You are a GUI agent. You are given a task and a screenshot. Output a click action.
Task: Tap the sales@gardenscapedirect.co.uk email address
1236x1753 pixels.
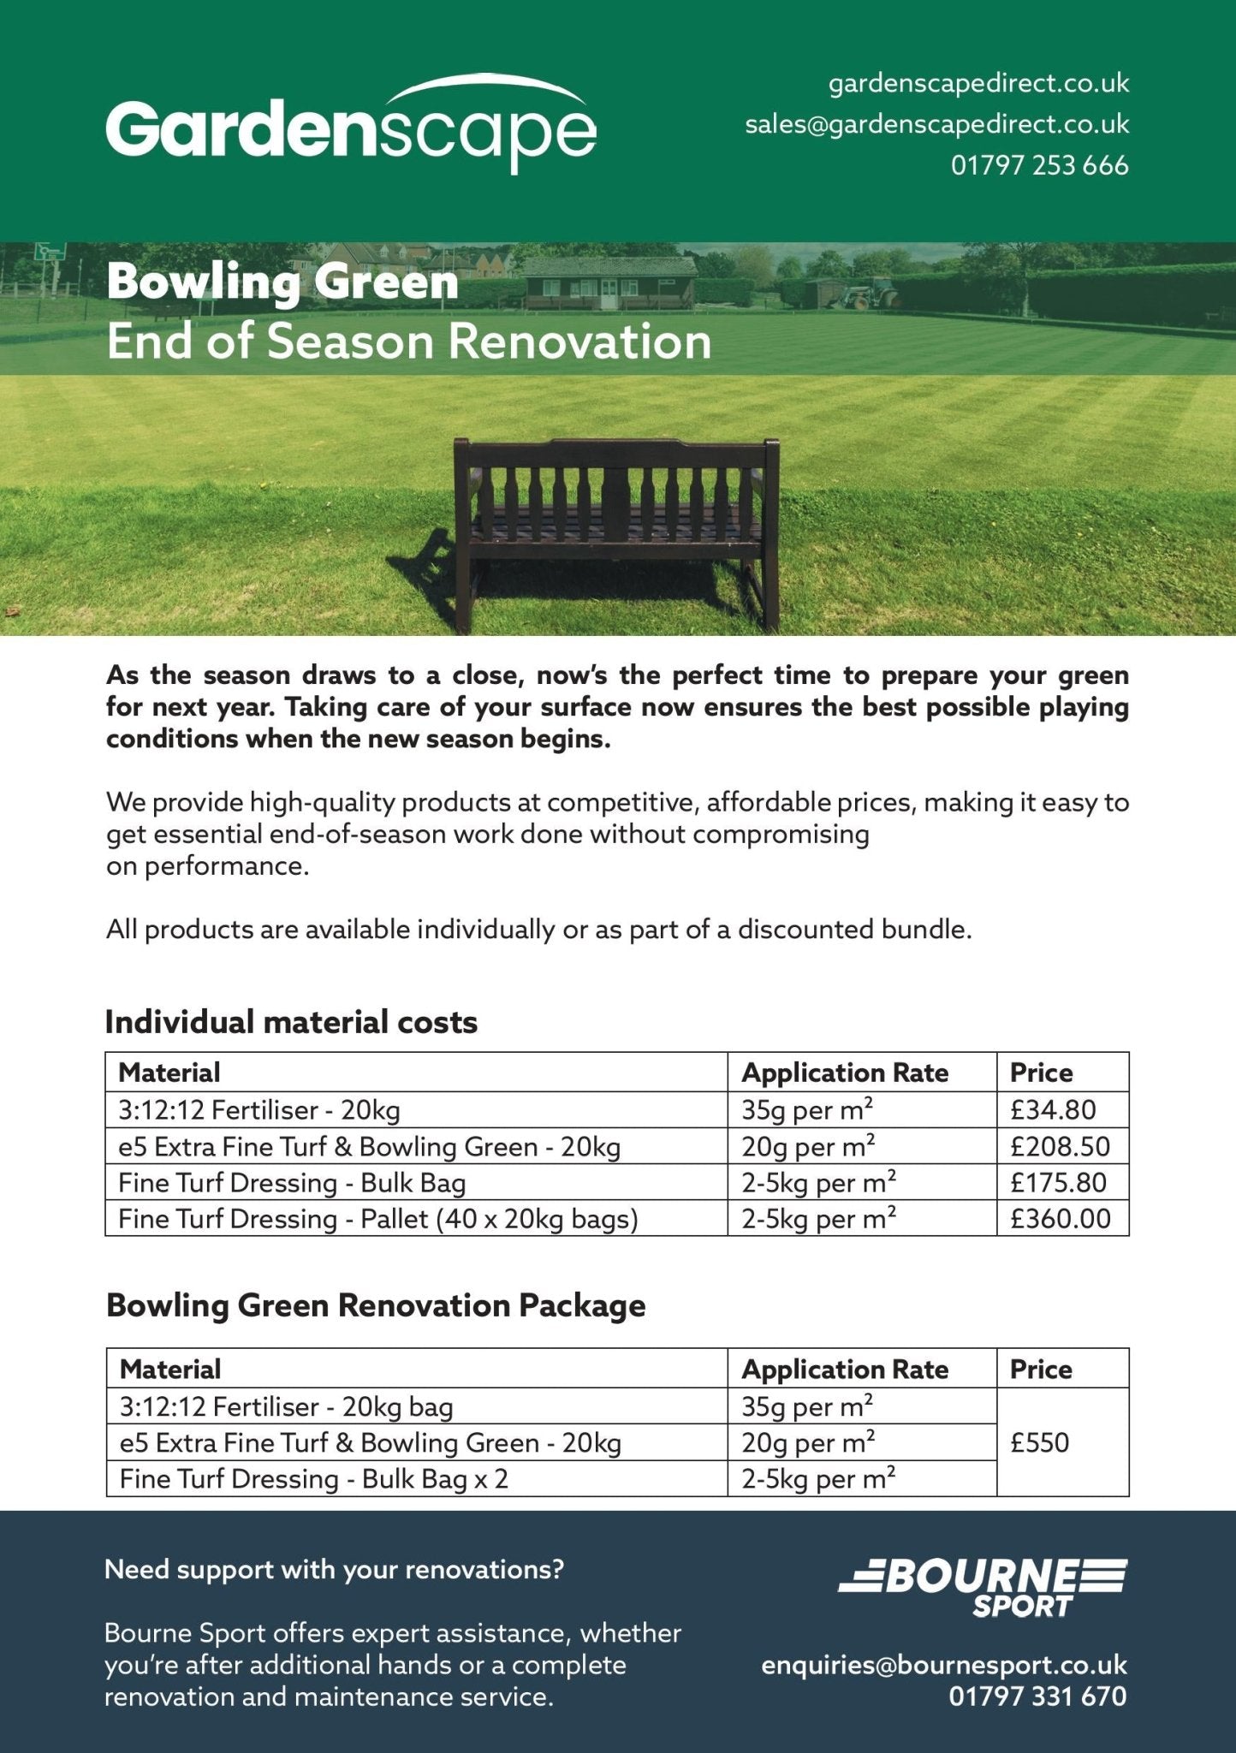point(936,125)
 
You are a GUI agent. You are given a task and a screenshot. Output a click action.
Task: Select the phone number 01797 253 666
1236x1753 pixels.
point(1039,165)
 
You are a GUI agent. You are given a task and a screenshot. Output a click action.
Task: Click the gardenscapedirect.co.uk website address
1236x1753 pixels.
point(978,84)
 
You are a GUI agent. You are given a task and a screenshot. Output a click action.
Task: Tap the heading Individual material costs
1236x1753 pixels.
point(291,1022)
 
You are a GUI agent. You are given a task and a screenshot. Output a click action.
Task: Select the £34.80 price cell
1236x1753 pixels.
point(1053,1110)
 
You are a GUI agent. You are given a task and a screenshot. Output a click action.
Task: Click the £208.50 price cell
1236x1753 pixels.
point(1060,1146)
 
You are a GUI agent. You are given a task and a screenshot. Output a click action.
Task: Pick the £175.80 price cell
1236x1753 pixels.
point(1058,1183)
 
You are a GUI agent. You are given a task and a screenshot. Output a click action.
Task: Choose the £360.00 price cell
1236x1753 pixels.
point(1060,1219)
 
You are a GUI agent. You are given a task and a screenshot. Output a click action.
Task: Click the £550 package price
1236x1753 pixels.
point(1040,1443)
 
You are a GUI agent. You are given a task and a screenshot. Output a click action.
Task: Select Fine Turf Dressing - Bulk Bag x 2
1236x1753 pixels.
point(314,1479)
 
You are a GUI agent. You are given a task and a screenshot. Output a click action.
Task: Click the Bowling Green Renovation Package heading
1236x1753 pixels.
point(376,1306)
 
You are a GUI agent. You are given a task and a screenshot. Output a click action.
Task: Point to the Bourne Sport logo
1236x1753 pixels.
point(983,1588)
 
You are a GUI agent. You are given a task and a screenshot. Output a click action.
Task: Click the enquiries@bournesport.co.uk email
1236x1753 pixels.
point(944,1666)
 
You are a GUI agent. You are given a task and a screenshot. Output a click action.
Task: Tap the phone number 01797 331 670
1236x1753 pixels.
point(1037,1697)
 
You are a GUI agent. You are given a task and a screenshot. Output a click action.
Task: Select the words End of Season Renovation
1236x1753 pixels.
point(408,342)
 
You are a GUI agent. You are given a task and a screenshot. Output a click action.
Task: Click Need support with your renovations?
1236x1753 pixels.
point(334,1570)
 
